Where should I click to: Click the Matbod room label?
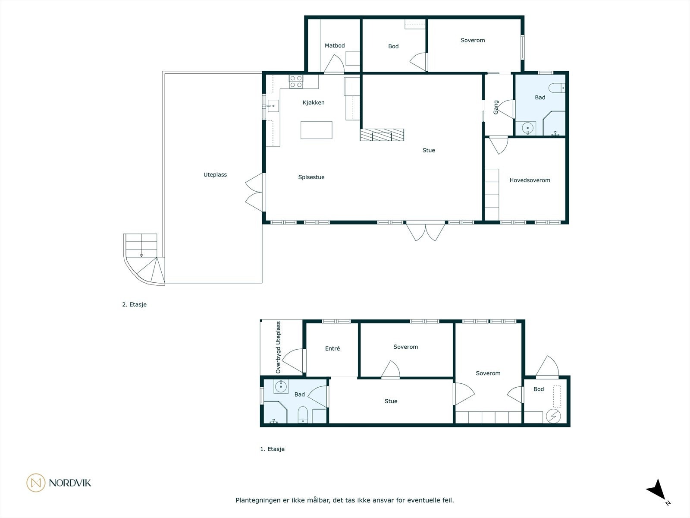335,46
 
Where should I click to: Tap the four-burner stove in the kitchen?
296,82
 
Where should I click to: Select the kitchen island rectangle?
316,130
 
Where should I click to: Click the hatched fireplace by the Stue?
382,135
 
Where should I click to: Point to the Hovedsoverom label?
530,180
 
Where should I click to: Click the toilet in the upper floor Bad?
557,88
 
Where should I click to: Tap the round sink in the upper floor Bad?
527,128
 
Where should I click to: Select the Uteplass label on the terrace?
215,174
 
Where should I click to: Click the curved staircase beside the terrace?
144,259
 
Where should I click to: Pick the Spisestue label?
311,177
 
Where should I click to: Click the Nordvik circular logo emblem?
36,483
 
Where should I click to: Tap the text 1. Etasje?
272,449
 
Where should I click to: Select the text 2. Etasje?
134,304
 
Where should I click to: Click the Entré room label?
332,348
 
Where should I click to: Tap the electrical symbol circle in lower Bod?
553,416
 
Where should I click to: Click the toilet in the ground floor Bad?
302,414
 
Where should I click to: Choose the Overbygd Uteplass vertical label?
278,347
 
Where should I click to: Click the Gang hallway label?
496,107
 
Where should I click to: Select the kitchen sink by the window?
273,106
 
